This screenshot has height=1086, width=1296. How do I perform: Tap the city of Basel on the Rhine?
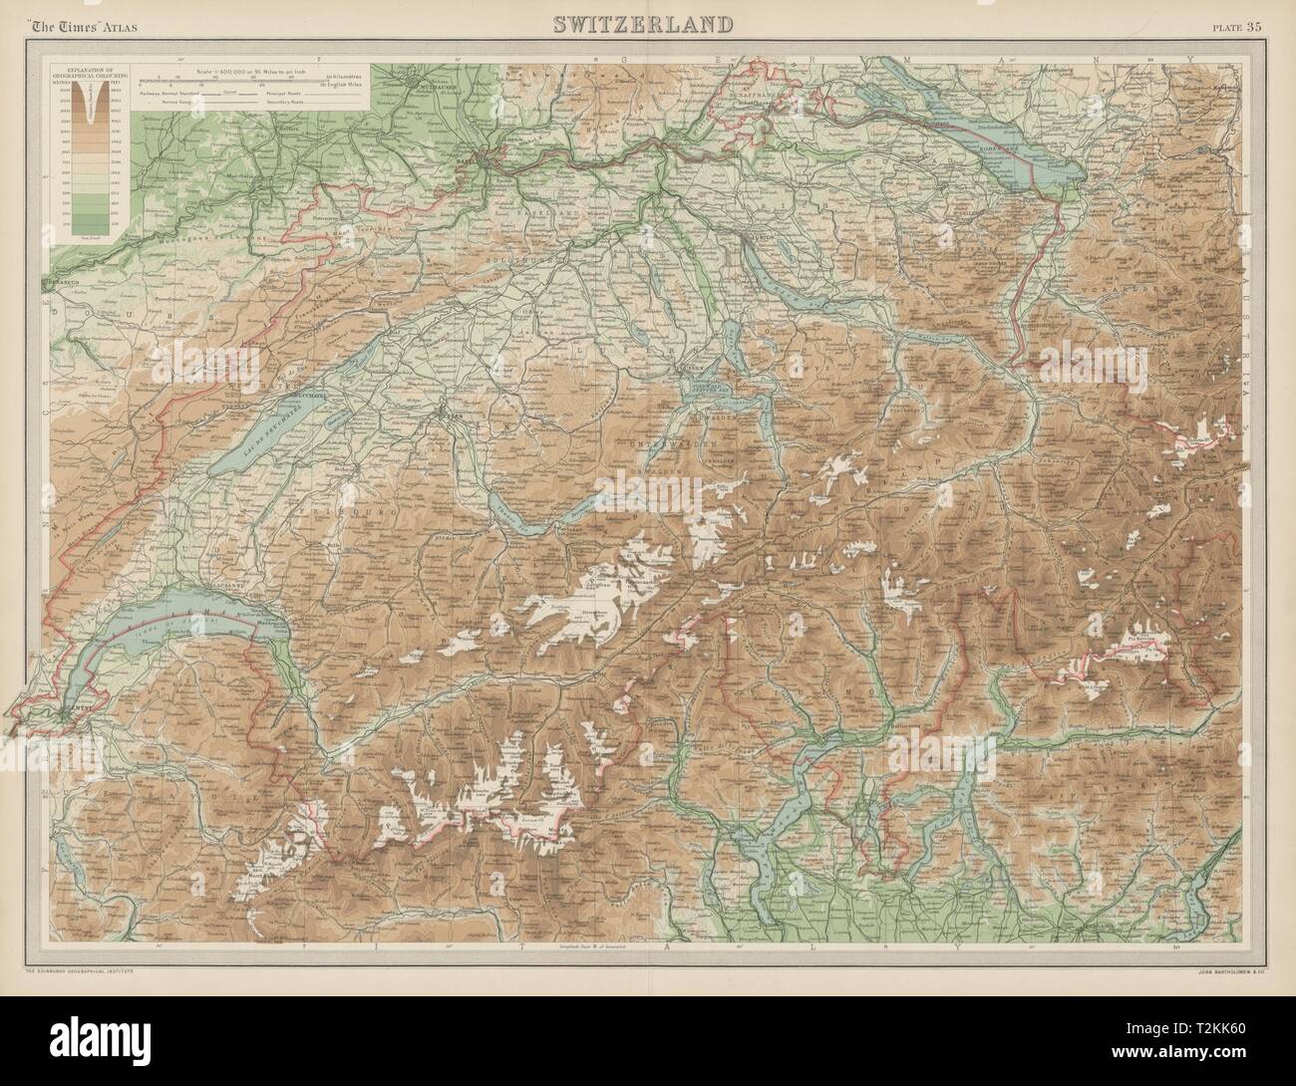point(483,157)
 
